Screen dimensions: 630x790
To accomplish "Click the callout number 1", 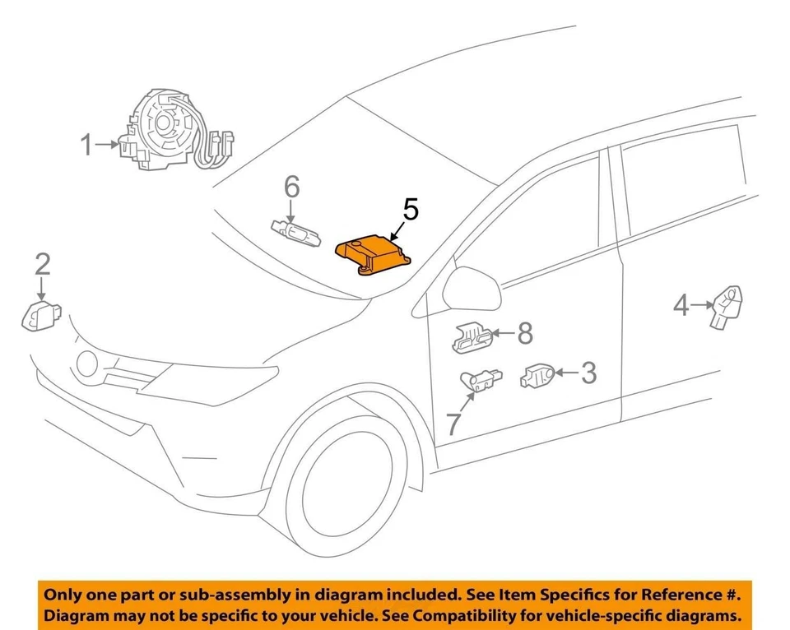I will pos(86,146).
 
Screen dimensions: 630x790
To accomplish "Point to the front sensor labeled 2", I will pos(38,316).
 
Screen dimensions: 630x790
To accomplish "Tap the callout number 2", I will pos(42,263).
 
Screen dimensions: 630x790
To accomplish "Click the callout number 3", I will pos(588,373).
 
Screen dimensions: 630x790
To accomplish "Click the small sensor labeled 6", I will pos(294,229).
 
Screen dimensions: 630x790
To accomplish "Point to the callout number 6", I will pos(292,187).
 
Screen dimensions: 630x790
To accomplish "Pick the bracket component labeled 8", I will pos(473,337).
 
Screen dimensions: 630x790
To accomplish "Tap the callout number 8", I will pos(524,333).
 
